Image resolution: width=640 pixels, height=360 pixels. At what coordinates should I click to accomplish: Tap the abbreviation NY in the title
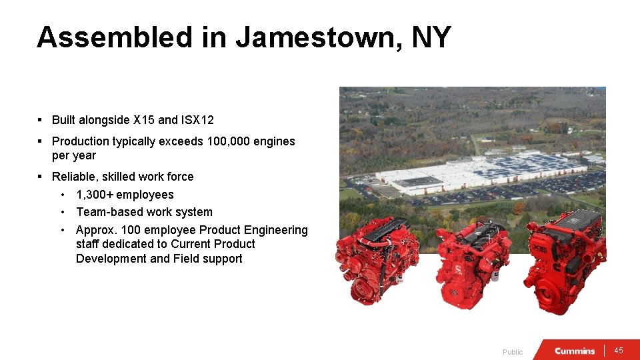point(431,37)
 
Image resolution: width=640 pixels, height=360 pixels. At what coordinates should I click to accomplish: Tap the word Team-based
point(108,212)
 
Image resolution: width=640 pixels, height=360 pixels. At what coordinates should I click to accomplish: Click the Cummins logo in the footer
point(575,351)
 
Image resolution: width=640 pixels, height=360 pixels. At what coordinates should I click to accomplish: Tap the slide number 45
point(619,351)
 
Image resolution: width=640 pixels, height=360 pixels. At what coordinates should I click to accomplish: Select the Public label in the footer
point(513,352)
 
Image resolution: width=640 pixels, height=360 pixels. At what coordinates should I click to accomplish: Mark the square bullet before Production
point(41,141)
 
